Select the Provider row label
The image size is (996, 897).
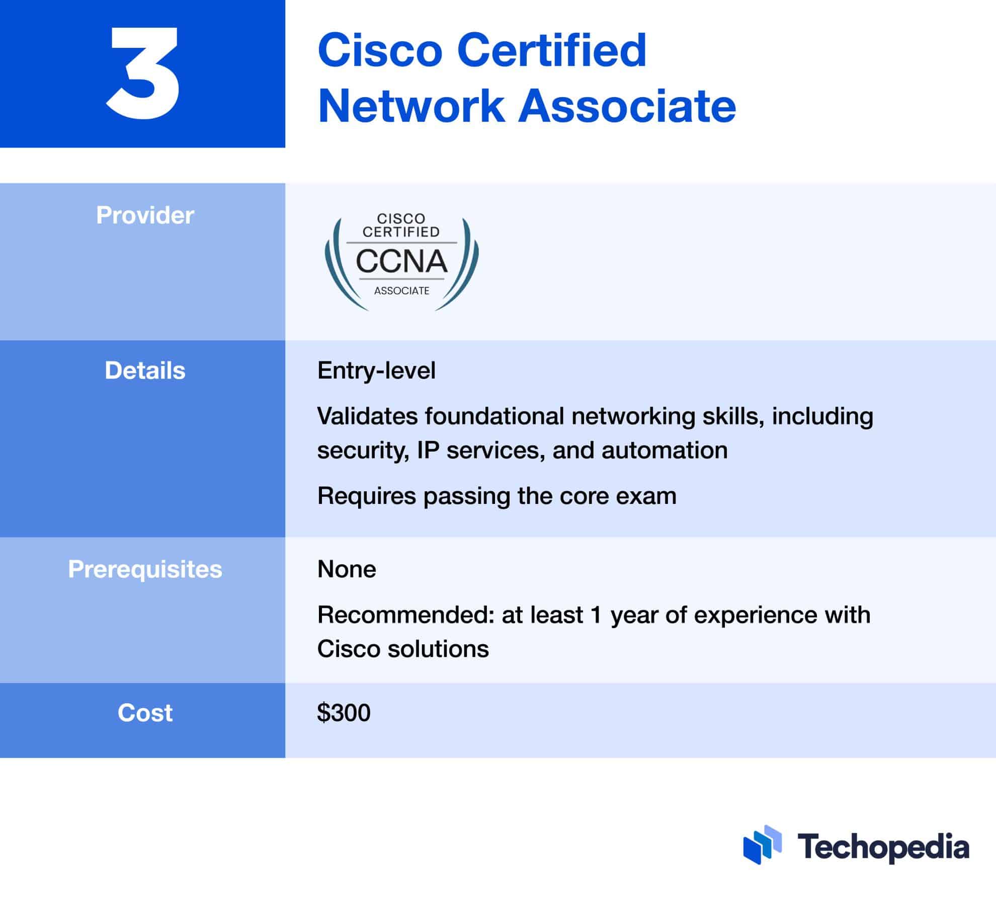point(145,215)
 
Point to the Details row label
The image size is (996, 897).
point(145,370)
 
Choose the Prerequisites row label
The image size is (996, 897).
point(145,569)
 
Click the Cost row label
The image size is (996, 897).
point(145,713)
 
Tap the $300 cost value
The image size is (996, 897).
point(344,713)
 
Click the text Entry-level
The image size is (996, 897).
point(376,370)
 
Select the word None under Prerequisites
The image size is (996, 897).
point(347,569)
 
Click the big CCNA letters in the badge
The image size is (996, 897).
point(401,261)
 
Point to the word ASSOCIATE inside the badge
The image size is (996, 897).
point(401,291)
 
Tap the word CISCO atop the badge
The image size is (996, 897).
point(401,218)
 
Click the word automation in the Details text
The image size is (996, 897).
point(665,450)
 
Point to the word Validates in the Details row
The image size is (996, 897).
point(367,416)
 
